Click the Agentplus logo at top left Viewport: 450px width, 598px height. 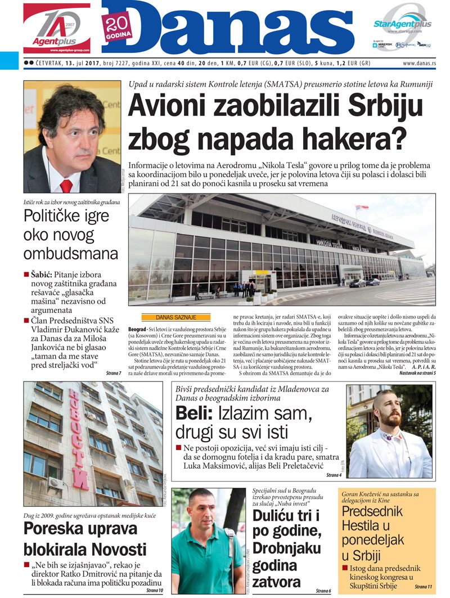(x=56, y=28)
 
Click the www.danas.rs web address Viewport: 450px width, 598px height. (x=419, y=64)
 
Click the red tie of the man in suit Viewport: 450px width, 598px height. (x=66, y=186)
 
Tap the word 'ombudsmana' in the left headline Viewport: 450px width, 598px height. (x=71, y=253)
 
